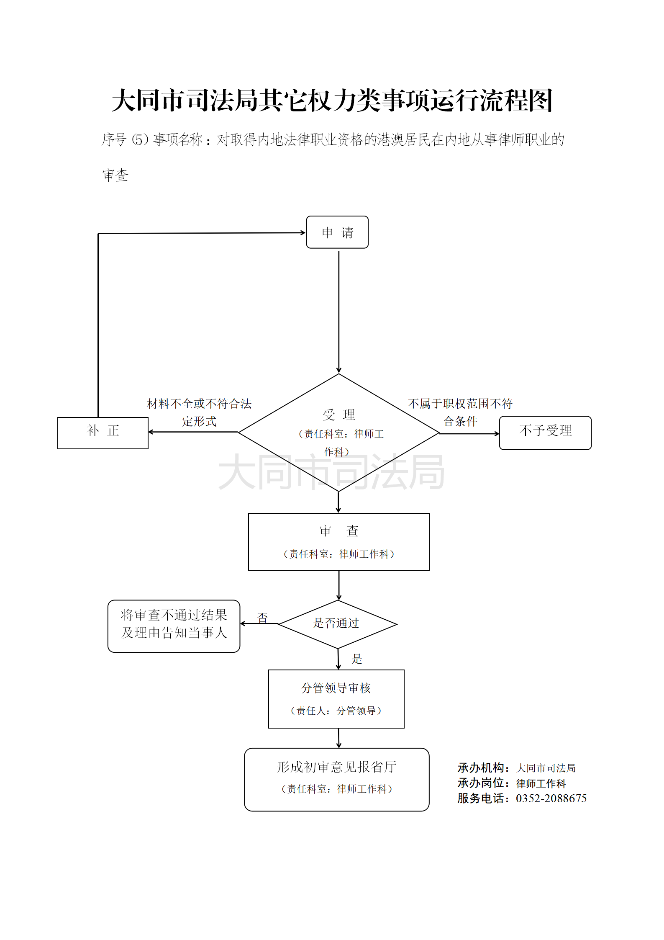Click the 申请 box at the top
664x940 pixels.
point(337,232)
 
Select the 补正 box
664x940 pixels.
point(103,433)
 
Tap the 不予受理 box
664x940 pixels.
point(545,433)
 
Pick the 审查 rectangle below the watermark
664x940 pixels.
point(338,541)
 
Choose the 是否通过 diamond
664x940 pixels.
point(337,623)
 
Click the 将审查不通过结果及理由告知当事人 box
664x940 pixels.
point(174,626)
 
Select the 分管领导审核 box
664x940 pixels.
point(336,698)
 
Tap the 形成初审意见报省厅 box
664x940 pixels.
point(336,779)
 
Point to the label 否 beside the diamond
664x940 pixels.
point(262,617)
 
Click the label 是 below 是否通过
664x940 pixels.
point(357,659)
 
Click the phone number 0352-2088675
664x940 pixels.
point(551,798)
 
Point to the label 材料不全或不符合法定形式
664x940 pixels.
point(199,412)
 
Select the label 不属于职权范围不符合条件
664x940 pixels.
point(460,412)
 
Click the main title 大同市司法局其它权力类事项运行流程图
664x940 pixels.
point(332,100)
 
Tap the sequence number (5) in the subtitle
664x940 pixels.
point(140,139)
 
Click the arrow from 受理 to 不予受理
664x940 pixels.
point(469,433)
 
